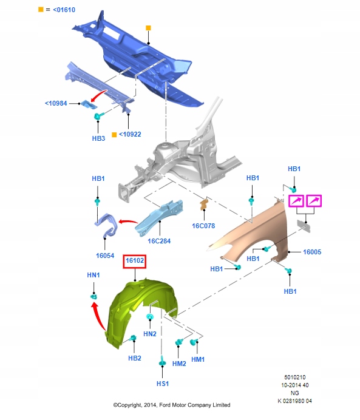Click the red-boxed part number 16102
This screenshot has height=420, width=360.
[x=135, y=260]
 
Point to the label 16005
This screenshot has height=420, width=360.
[x=312, y=252]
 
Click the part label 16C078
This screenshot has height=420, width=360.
[x=203, y=226]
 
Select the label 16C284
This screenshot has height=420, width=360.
[x=159, y=241]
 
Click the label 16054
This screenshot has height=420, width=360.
[x=105, y=256]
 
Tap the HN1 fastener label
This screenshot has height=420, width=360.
[x=93, y=275]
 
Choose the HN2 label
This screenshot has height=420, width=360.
[x=150, y=334]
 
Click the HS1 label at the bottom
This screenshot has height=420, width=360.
[x=163, y=384]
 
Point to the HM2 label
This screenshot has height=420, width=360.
[x=179, y=364]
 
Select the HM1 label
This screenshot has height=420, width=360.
[x=198, y=359]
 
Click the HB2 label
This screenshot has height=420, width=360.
[x=134, y=358]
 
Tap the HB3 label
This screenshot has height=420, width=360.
[x=98, y=138]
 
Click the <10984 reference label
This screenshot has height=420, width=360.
[x=56, y=103]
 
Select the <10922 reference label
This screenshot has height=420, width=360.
[x=130, y=134]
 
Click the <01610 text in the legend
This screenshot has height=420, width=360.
[x=64, y=10]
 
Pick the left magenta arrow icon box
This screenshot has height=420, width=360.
[x=296, y=201]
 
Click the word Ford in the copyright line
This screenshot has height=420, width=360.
[x=165, y=405]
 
